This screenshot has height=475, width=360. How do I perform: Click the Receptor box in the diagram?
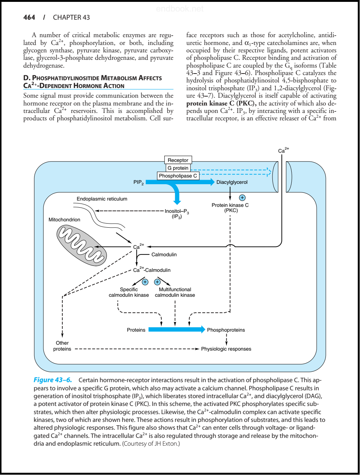coord(178,160)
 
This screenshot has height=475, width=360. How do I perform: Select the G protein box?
coord(178,168)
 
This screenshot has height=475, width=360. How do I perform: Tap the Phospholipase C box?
coord(178,176)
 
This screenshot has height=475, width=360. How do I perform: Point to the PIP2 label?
coord(138,182)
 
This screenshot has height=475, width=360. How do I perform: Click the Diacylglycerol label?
coord(232,182)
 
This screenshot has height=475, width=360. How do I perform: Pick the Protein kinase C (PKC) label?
coord(230,208)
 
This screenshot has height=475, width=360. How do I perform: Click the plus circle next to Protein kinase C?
coord(242,198)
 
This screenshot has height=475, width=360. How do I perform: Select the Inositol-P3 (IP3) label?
coord(177,214)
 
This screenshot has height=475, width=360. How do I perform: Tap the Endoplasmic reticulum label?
coord(102,199)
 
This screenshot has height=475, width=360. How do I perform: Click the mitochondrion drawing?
coord(81,245)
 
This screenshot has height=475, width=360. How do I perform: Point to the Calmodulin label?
coord(164,254)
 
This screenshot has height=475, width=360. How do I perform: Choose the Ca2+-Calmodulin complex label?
coord(152,270)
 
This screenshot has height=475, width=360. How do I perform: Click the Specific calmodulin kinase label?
coord(129,292)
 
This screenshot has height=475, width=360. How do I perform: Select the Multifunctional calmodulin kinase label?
coord(175,292)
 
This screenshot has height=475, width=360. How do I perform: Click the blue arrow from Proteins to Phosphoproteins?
coord(176,329)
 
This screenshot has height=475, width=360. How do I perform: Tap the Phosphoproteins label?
coord(226,330)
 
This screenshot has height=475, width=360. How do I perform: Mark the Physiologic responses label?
coord(226,349)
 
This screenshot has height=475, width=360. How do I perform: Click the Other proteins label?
coord(62,346)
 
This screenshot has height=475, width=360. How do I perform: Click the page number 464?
coord(29,17)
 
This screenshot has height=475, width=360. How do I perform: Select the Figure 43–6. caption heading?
coord(53,380)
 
